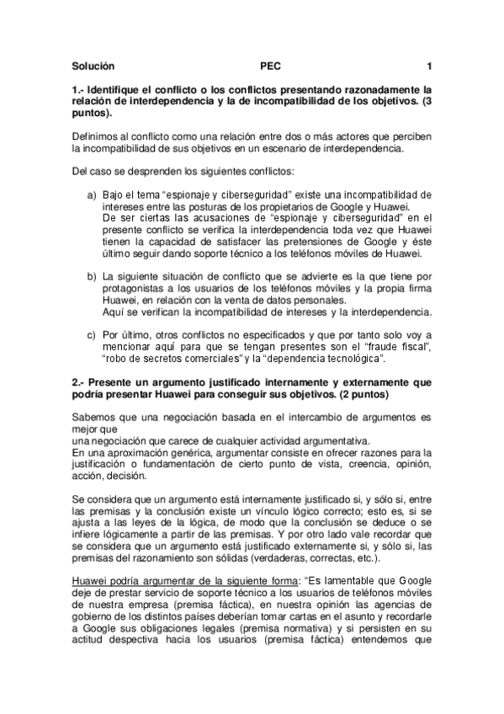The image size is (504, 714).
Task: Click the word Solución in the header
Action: tap(93, 66)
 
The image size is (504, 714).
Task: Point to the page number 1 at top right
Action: tap(429, 66)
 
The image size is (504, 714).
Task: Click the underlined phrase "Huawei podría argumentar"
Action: tap(128, 580)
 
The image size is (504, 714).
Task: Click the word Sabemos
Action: tap(96, 418)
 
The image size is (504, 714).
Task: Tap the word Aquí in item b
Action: tap(112, 312)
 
